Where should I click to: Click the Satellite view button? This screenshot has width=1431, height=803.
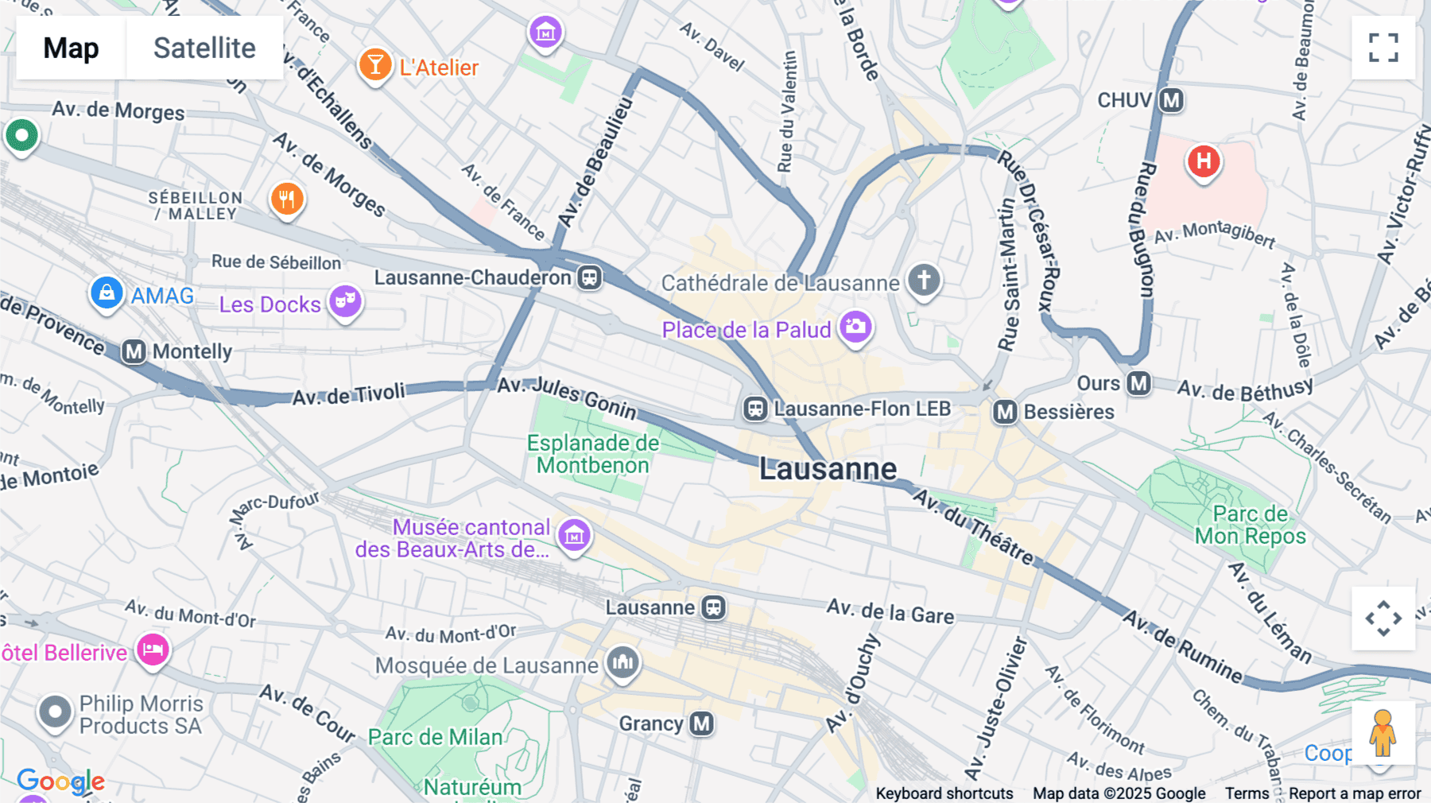(204, 48)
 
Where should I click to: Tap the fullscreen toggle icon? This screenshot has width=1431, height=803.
(1383, 48)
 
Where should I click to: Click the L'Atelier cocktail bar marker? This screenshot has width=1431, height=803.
(374, 65)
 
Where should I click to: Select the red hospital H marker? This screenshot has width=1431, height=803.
(1204, 161)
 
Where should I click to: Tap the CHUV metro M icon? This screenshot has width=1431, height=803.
(1171, 101)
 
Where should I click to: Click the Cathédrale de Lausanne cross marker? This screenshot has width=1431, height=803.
(924, 280)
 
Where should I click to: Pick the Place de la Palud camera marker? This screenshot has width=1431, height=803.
(855, 327)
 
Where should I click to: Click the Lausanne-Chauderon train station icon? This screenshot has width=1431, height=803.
(589, 277)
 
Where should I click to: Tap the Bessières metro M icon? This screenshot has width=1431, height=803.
(1005, 412)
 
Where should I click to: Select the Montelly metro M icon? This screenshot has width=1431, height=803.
(134, 351)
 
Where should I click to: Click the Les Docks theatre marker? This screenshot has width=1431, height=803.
(345, 301)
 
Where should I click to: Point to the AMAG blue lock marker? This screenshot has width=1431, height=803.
(107, 293)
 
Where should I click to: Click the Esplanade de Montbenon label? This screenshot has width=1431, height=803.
(593, 454)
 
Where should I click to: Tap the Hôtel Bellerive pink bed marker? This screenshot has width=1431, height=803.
(153, 650)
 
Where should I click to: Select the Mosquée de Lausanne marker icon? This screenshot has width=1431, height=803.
(622, 661)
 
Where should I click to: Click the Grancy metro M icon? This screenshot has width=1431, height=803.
(701, 723)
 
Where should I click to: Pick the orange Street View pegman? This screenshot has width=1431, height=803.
(1383, 733)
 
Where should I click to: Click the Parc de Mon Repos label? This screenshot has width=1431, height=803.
(1250, 525)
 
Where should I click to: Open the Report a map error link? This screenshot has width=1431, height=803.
(1354, 793)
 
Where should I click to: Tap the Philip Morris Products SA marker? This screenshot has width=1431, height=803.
(55, 712)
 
